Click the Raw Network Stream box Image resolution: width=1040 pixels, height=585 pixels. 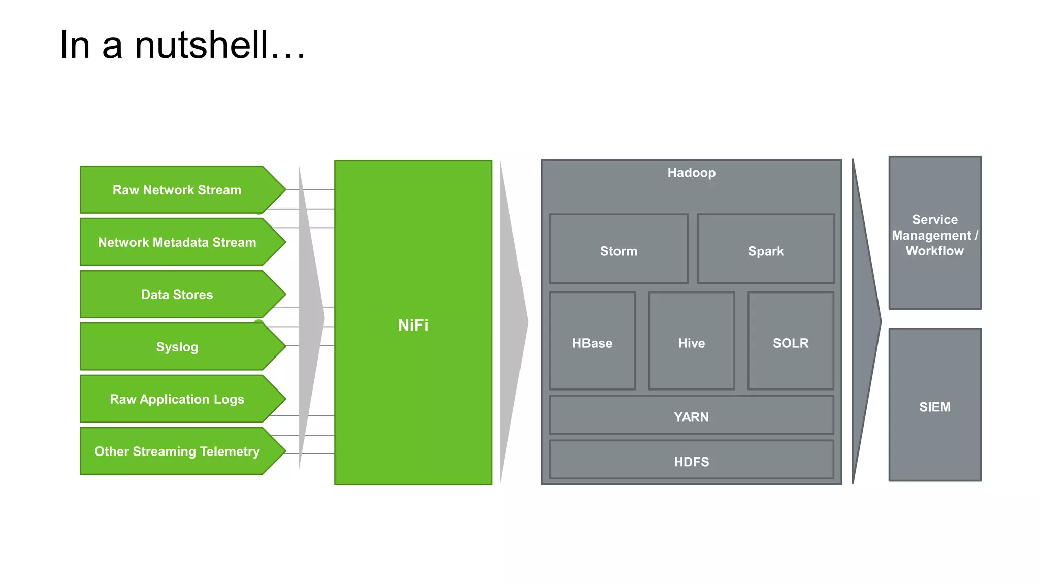point(177,190)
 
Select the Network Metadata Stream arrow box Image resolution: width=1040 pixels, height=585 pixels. point(177,242)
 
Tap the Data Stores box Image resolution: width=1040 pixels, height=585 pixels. point(177,295)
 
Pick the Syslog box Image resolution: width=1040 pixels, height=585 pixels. point(177,347)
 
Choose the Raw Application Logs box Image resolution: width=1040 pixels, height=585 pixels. point(177,399)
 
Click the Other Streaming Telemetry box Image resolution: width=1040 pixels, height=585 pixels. point(177,451)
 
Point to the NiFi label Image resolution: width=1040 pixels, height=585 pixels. point(413,325)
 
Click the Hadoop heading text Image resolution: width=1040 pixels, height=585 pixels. point(691,173)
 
